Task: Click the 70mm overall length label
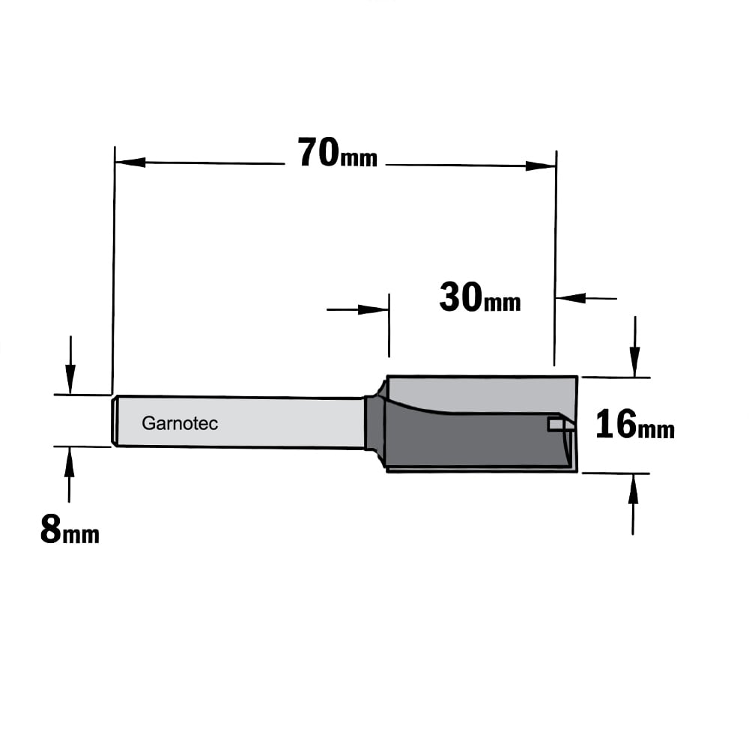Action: pyautogui.click(x=338, y=152)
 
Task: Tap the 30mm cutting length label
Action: pyautogui.click(x=480, y=297)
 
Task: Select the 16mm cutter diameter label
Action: pyautogui.click(x=635, y=424)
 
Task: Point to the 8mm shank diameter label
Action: pyautogui.click(x=70, y=530)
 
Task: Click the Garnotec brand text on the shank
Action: pyautogui.click(x=180, y=423)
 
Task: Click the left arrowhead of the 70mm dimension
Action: pyautogui.click(x=130, y=163)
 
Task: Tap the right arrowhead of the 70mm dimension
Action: pyautogui.click(x=541, y=166)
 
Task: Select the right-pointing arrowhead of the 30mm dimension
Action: pyautogui.click(x=374, y=309)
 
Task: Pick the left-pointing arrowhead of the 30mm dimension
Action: pyautogui.click(x=571, y=298)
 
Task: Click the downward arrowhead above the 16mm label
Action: pyautogui.click(x=635, y=362)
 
